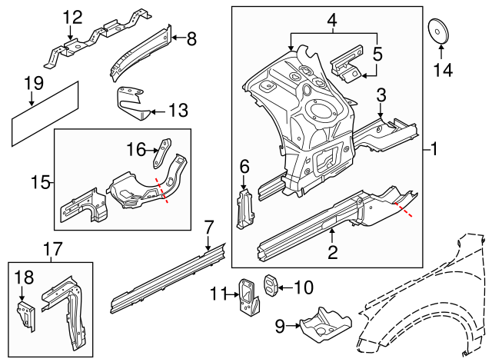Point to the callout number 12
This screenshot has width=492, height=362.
(71, 17)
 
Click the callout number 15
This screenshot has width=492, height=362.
(43, 183)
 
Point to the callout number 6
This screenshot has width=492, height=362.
(244, 166)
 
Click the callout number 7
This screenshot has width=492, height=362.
(208, 226)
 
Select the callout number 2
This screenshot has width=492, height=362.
(332, 252)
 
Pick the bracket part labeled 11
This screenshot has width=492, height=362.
(248, 295)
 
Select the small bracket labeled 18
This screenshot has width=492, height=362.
(28, 314)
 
